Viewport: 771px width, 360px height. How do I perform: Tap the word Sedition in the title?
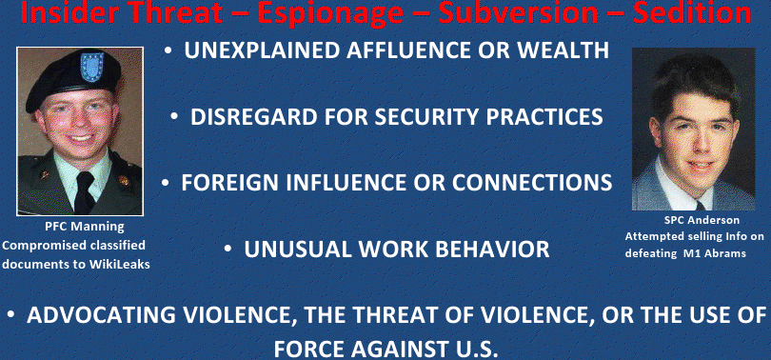692,11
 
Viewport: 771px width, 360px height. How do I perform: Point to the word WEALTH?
570,50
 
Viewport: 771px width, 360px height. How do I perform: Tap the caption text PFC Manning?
85,227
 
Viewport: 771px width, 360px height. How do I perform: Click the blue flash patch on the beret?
92,67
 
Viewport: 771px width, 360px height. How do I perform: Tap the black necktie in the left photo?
84,192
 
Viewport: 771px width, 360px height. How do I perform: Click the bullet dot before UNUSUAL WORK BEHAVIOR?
227,250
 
